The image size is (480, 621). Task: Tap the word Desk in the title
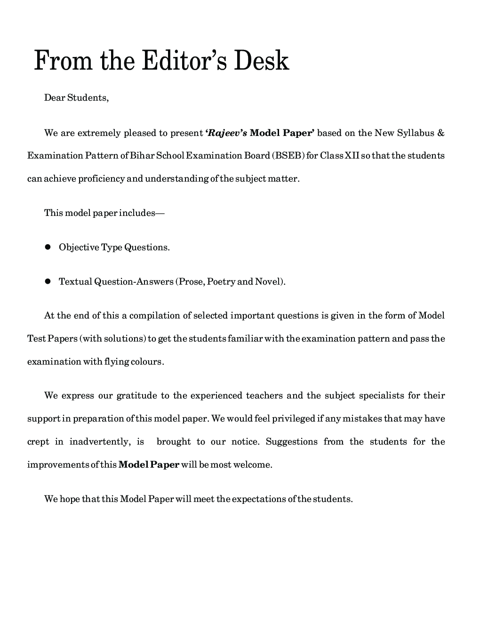(262, 62)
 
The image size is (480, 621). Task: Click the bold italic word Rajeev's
(226, 133)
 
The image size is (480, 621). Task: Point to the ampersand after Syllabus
(440, 133)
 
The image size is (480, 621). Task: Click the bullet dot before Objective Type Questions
(48, 247)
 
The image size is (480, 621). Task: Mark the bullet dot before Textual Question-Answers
(48, 281)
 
